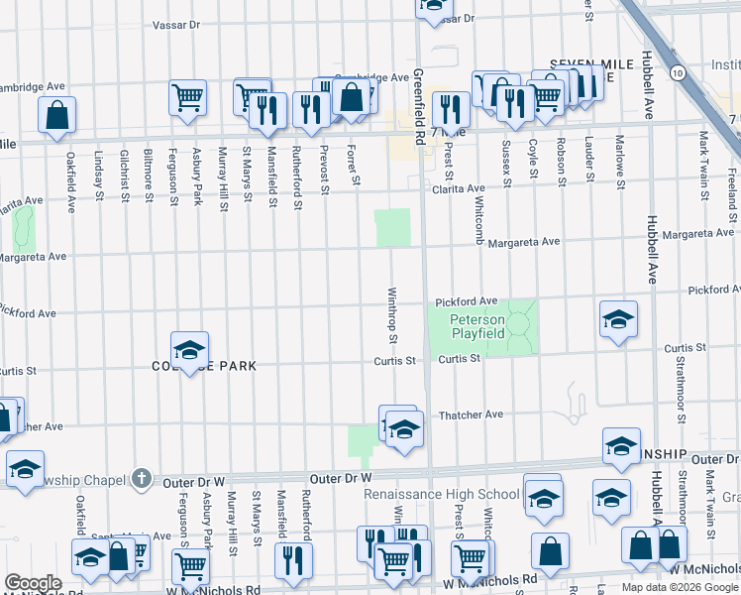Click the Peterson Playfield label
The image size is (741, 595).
[477, 326]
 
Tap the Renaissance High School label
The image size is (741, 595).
[442, 494]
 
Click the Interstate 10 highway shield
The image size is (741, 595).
[676, 72]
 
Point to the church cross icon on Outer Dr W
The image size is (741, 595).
[143, 478]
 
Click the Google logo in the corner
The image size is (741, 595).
[33, 583]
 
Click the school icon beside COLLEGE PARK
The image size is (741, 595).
[189, 349]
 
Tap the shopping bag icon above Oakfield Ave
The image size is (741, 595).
[57, 113]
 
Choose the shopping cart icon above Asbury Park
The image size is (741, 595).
[187, 97]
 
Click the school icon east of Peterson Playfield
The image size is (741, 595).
[618, 319]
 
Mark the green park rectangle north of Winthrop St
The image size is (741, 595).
[392, 228]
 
